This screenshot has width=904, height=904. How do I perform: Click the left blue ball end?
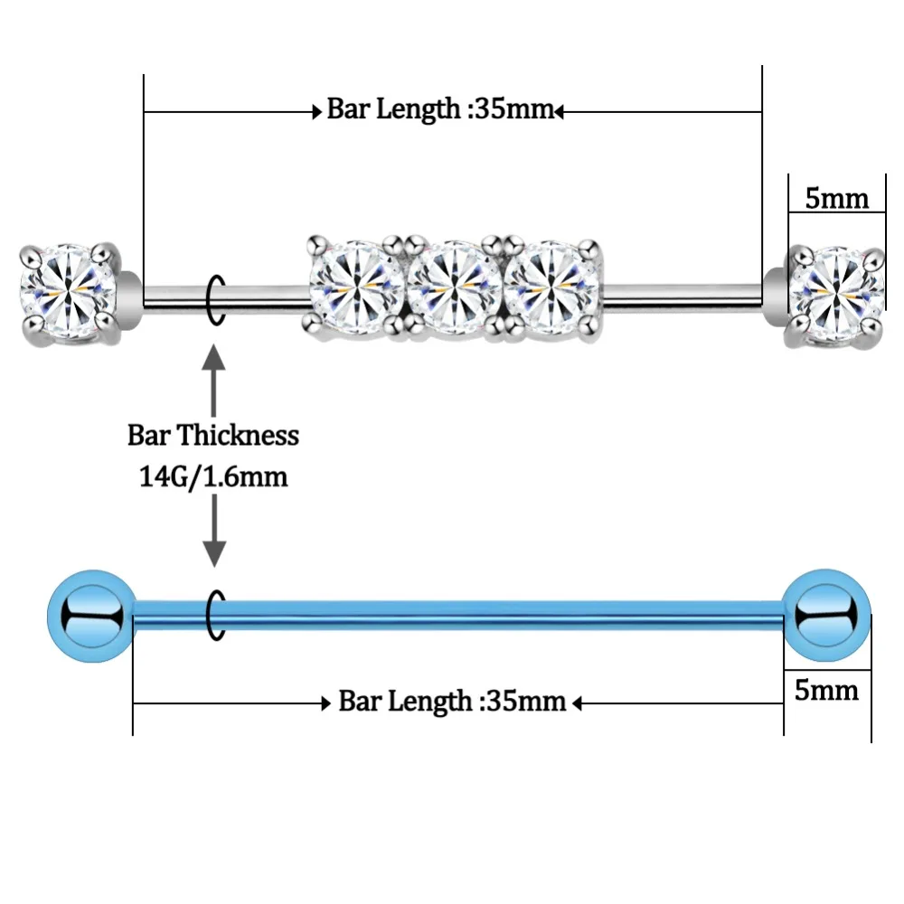[x=90, y=617]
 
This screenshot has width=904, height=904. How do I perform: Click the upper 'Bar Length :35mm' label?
[x=439, y=111]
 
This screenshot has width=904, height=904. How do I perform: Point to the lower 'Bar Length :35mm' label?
[x=452, y=702]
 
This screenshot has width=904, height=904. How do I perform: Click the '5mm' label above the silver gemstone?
[x=836, y=198]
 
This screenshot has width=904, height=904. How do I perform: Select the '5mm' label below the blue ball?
[x=826, y=691]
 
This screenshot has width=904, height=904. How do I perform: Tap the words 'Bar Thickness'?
[x=213, y=436]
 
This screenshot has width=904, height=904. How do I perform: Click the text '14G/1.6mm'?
[x=213, y=476]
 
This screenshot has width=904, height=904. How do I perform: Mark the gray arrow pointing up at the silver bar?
[x=213, y=371]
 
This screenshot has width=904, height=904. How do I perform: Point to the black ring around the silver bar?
[x=213, y=298]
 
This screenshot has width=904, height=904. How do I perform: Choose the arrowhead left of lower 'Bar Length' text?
[x=327, y=702]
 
